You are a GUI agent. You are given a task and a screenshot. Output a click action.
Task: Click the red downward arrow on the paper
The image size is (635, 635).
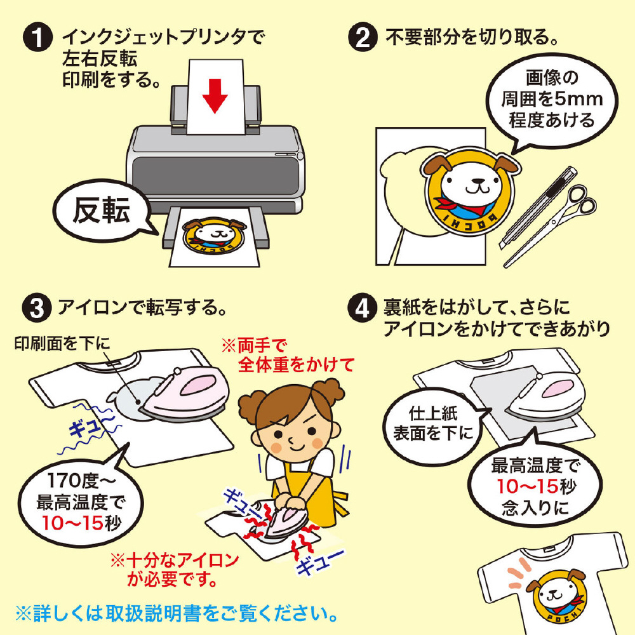click(215, 95)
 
